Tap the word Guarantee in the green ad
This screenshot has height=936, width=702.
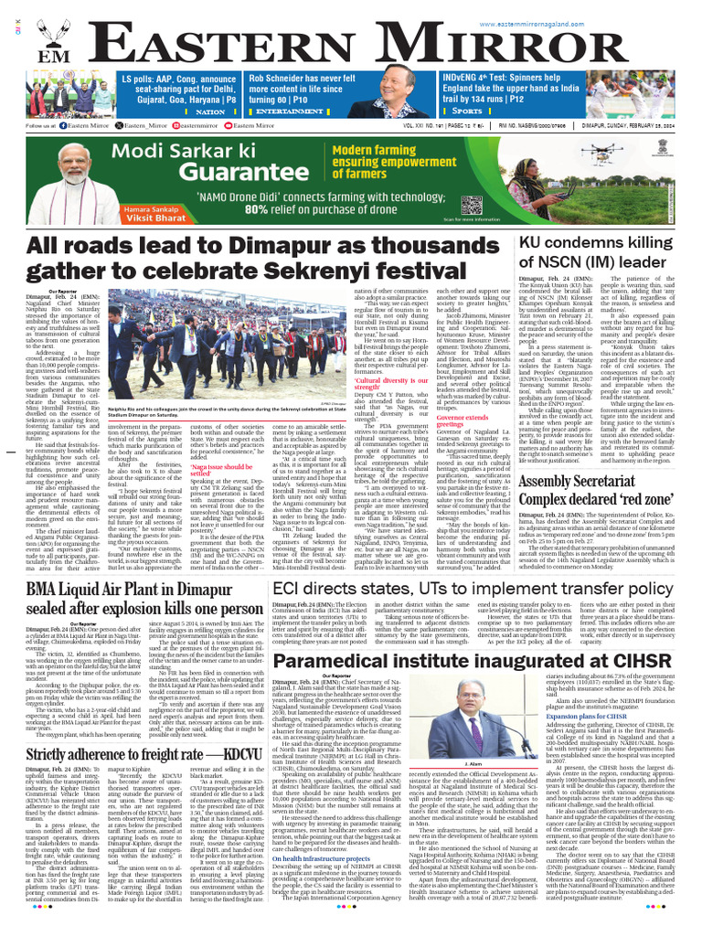pos(180,175)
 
